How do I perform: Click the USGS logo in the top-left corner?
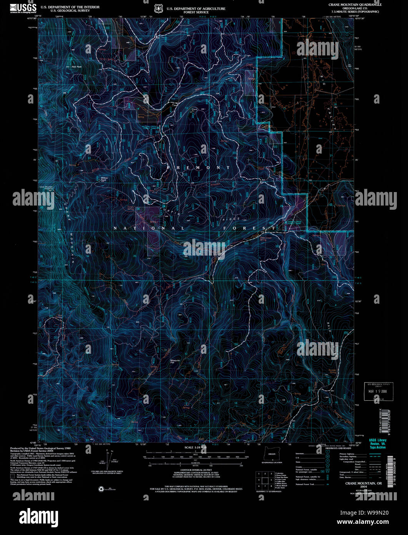pos(23,8)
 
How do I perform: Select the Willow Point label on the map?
pos(103,179)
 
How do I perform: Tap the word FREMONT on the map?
pos(198,168)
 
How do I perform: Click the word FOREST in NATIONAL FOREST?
pos(250,228)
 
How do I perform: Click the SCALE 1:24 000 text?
pos(195,448)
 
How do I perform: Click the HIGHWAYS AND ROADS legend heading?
pos(338,448)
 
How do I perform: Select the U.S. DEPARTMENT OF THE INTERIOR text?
pos(70,7)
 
